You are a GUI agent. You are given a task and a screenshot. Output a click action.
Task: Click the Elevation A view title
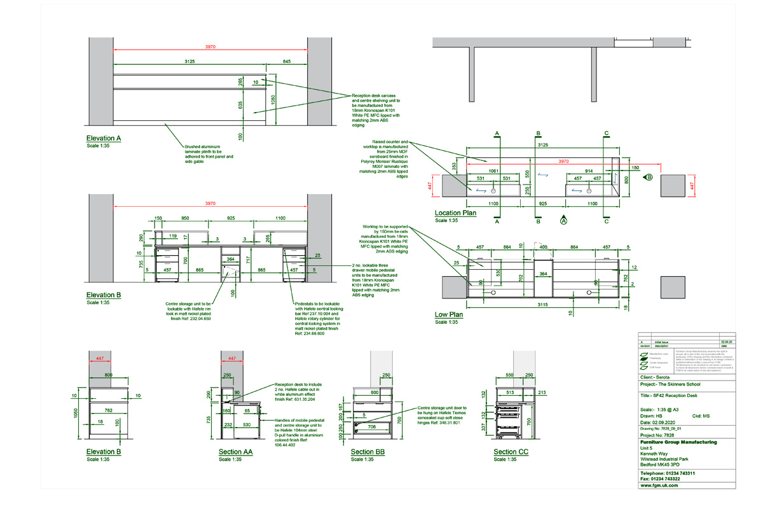[104, 138]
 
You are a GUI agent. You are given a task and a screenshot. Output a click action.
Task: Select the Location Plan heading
[456, 213]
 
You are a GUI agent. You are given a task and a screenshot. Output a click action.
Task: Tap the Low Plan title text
[450, 315]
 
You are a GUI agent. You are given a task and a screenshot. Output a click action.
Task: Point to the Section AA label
[235, 452]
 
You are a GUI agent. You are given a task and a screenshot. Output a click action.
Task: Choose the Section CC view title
[511, 452]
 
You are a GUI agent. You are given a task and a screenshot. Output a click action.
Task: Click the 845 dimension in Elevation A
[286, 61]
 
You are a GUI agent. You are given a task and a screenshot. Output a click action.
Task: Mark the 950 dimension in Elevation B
[185, 218]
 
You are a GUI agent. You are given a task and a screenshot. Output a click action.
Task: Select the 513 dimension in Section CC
[509, 393]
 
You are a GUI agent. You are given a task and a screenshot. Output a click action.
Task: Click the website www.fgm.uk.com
[659, 485]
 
